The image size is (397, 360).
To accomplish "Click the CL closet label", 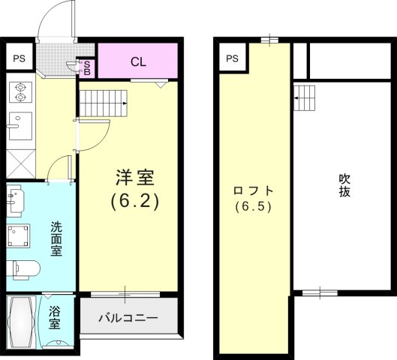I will pyautogui.click(x=138, y=61).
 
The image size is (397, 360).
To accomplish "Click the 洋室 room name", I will pyautogui.click(x=134, y=178).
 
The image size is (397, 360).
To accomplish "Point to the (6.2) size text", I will pyautogui.click(x=134, y=201).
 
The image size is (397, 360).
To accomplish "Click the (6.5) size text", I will pyautogui.click(x=252, y=205).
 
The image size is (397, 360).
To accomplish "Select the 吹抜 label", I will pyautogui.click(x=344, y=185).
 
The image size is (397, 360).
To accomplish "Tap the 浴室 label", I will pyautogui.click(x=55, y=318).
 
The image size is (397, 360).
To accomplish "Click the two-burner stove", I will pyautogui.click(x=20, y=91).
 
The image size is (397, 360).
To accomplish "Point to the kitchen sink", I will pyautogui.click(x=20, y=125).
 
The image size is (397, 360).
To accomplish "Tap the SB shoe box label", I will pyautogui.click(x=86, y=68).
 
